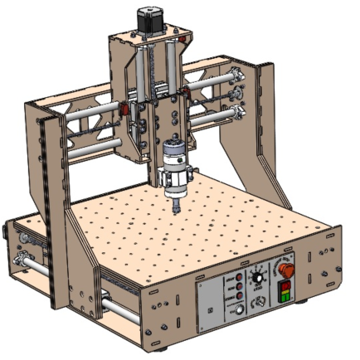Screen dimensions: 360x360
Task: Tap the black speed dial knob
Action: point(260,275)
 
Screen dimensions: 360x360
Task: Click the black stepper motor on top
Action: point(147,22)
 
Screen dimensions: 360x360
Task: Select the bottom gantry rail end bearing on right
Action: point(239,112)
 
